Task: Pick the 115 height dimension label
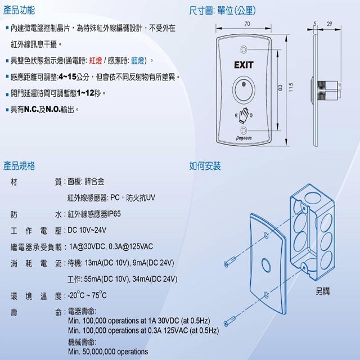tap(291, 88)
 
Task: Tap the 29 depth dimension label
tap(330, 24)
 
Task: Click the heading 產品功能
tap(19, 10)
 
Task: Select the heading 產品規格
tap(19, 166)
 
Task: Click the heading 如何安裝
tap(205, 166)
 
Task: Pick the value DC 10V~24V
tap(87, 230)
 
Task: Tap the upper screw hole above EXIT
tap(244, 49)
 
